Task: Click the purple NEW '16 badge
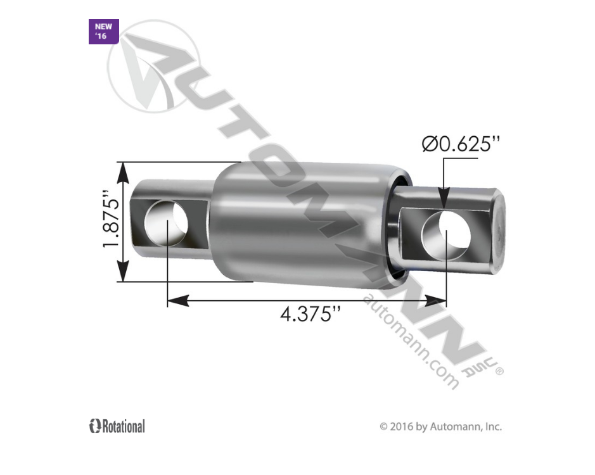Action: click(x=103, y=32)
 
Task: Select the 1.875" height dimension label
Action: click(x=112, y=222)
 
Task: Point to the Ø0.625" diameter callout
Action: click(x=457, y=144)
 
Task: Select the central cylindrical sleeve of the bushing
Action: click(x=298, y=222)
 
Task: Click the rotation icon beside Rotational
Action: click(x=95, y=426)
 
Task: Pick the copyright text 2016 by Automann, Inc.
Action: click(x=440, y=427)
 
